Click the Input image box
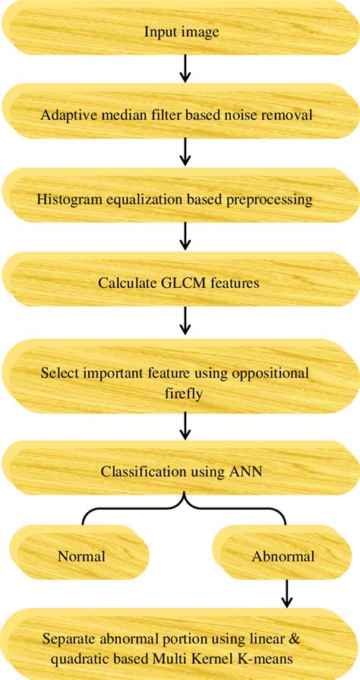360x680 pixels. [179, 32]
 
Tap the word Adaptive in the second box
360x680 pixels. [68, 116]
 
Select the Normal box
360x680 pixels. [81, 556]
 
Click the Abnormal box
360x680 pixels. [283, 556]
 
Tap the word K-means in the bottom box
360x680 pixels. [285, 657]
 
